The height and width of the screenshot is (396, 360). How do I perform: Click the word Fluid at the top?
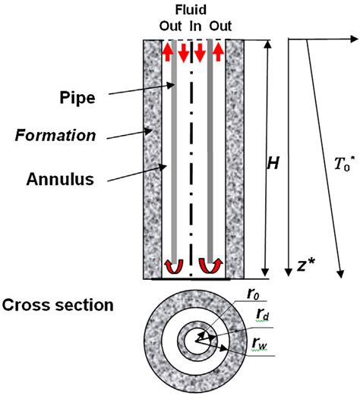(193, 9)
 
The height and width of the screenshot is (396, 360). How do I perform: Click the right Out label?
(216, 24)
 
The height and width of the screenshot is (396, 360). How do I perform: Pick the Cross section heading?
(58, 306)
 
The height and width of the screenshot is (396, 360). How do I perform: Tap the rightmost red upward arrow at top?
(218, 51)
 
